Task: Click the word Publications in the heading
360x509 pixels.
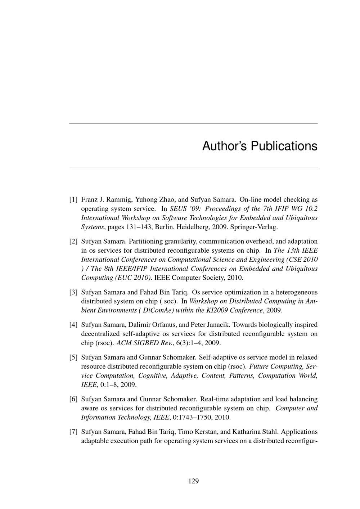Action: point(284,146)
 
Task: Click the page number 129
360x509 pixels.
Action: point(193,481)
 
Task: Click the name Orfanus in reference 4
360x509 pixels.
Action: point(165,325)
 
